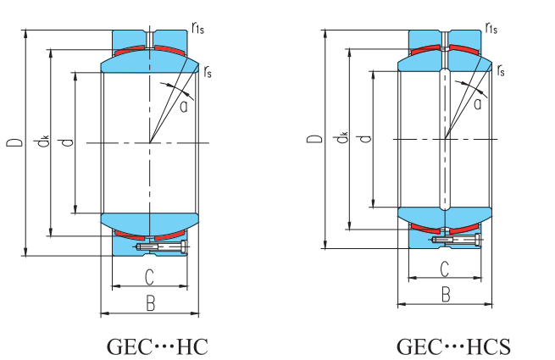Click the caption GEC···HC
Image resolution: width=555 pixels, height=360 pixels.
157,346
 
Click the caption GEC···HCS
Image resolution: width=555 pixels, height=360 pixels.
453,346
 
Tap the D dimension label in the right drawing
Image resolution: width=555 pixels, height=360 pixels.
314,139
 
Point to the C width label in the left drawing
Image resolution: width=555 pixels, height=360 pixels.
149,276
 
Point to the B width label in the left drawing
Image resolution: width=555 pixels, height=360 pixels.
150,302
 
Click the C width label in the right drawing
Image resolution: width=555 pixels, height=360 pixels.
445,269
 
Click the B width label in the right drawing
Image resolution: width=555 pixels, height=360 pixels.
446,294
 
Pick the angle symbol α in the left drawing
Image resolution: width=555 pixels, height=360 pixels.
183,105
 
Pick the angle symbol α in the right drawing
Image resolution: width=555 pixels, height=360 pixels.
478,103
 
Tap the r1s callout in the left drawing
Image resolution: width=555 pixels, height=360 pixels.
198,30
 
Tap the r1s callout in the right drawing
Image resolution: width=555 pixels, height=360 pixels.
492,30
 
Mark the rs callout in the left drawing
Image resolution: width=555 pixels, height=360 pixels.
208,71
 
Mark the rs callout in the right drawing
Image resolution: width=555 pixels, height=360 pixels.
502,71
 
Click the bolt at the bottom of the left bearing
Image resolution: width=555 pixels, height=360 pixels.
163,247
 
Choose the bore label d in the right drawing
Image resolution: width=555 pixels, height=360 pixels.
365,136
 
